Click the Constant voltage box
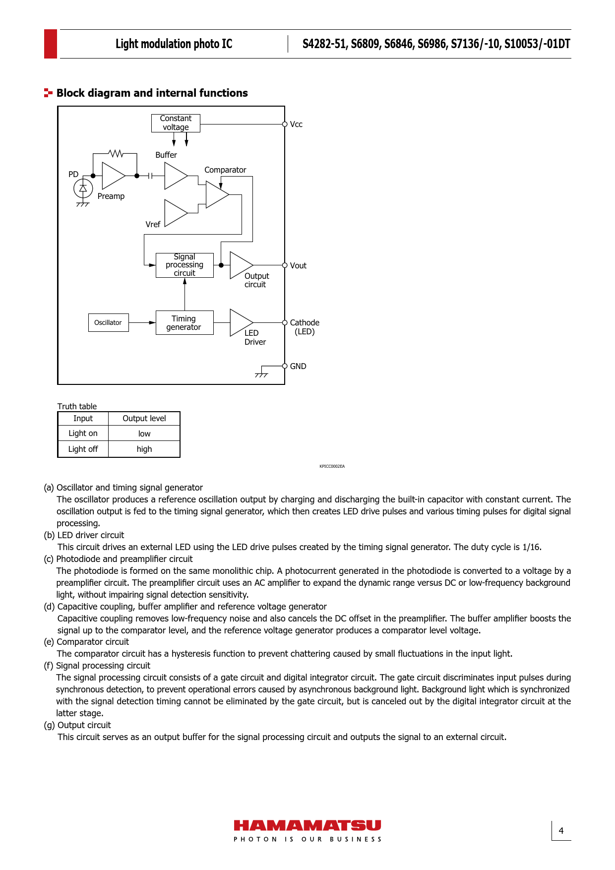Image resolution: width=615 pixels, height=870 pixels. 176,123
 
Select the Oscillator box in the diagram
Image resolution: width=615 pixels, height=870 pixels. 108,322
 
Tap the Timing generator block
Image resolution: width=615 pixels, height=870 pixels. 184,323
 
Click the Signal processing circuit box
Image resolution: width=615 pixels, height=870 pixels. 184,265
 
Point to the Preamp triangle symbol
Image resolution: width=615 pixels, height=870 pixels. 112,176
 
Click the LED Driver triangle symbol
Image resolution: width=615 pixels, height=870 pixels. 240,322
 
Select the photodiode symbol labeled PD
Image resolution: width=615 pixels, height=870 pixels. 83,188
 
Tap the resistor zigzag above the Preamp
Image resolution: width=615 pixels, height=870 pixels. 116,154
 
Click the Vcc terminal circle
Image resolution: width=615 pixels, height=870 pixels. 285,124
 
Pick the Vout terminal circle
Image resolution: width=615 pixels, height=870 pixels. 285,265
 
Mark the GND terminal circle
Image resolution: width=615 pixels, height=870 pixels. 285,366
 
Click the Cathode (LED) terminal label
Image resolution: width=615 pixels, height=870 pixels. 305,327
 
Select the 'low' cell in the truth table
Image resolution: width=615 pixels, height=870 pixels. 144,434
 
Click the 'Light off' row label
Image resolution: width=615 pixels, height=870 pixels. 83,449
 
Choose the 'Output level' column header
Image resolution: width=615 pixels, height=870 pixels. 144,418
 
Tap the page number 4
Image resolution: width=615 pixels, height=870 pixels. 561,831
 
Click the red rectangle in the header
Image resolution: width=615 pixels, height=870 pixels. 51,44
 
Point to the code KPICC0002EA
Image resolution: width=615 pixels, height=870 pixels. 332,466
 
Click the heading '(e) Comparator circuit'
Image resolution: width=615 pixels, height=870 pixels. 86,642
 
